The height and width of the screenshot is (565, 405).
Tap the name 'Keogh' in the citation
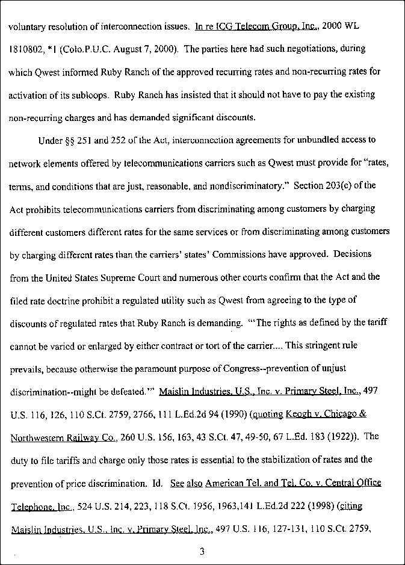299,415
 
